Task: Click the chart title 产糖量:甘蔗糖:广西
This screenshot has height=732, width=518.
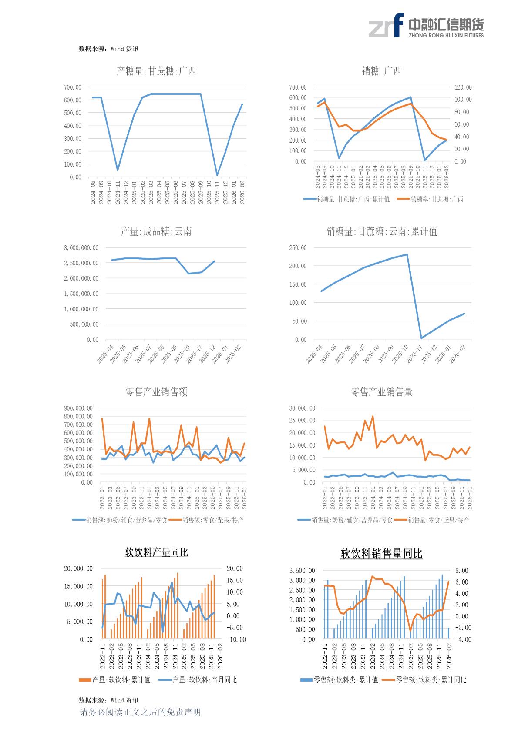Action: (156, 71)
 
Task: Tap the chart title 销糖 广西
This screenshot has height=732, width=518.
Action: (381, 71)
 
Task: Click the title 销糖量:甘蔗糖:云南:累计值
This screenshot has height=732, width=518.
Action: (382, 231)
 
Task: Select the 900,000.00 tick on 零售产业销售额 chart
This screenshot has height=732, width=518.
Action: (78, 408)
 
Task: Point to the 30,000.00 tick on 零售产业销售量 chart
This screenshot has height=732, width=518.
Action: (302, 408)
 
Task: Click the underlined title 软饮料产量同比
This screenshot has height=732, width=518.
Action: (156, 553)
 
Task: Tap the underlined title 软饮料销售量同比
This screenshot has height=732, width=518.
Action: (381, 554)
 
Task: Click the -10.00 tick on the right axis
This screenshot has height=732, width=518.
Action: (236, 640)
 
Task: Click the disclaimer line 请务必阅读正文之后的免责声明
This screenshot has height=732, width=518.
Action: (140, 712)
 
